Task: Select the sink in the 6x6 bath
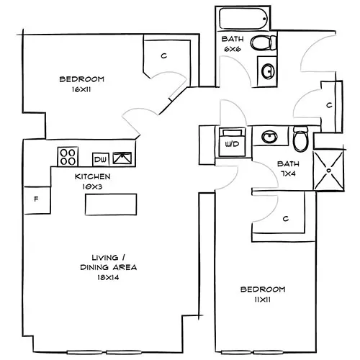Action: coord(267,71)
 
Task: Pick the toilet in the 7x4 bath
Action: coord(301,137)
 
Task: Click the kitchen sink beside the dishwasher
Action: coord(122,157)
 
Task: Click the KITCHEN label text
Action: coord(92,176)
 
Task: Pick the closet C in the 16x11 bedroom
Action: coord(164,55)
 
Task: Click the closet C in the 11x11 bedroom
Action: coord(285,218)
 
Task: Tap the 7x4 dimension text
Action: coord(289,174)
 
